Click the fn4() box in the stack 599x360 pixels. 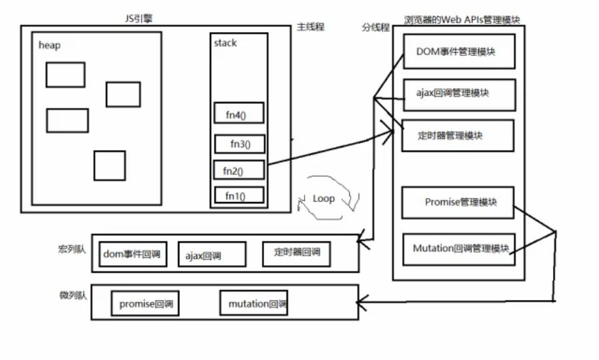239,114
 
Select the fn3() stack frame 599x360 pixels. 239,143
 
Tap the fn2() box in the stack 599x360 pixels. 239,171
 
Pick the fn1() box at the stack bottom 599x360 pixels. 239,196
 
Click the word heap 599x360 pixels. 50,45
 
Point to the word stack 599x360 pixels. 225,43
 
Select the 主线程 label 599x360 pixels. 310,27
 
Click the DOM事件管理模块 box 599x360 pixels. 458,51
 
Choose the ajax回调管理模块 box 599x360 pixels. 458,94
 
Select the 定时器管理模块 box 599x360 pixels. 457,135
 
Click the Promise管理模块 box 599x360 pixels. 458,202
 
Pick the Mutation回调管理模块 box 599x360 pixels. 458,249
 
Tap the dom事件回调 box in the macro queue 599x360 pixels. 133,254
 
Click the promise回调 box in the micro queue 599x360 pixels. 145,304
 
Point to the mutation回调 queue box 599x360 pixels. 254,303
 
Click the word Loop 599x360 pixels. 323,199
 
